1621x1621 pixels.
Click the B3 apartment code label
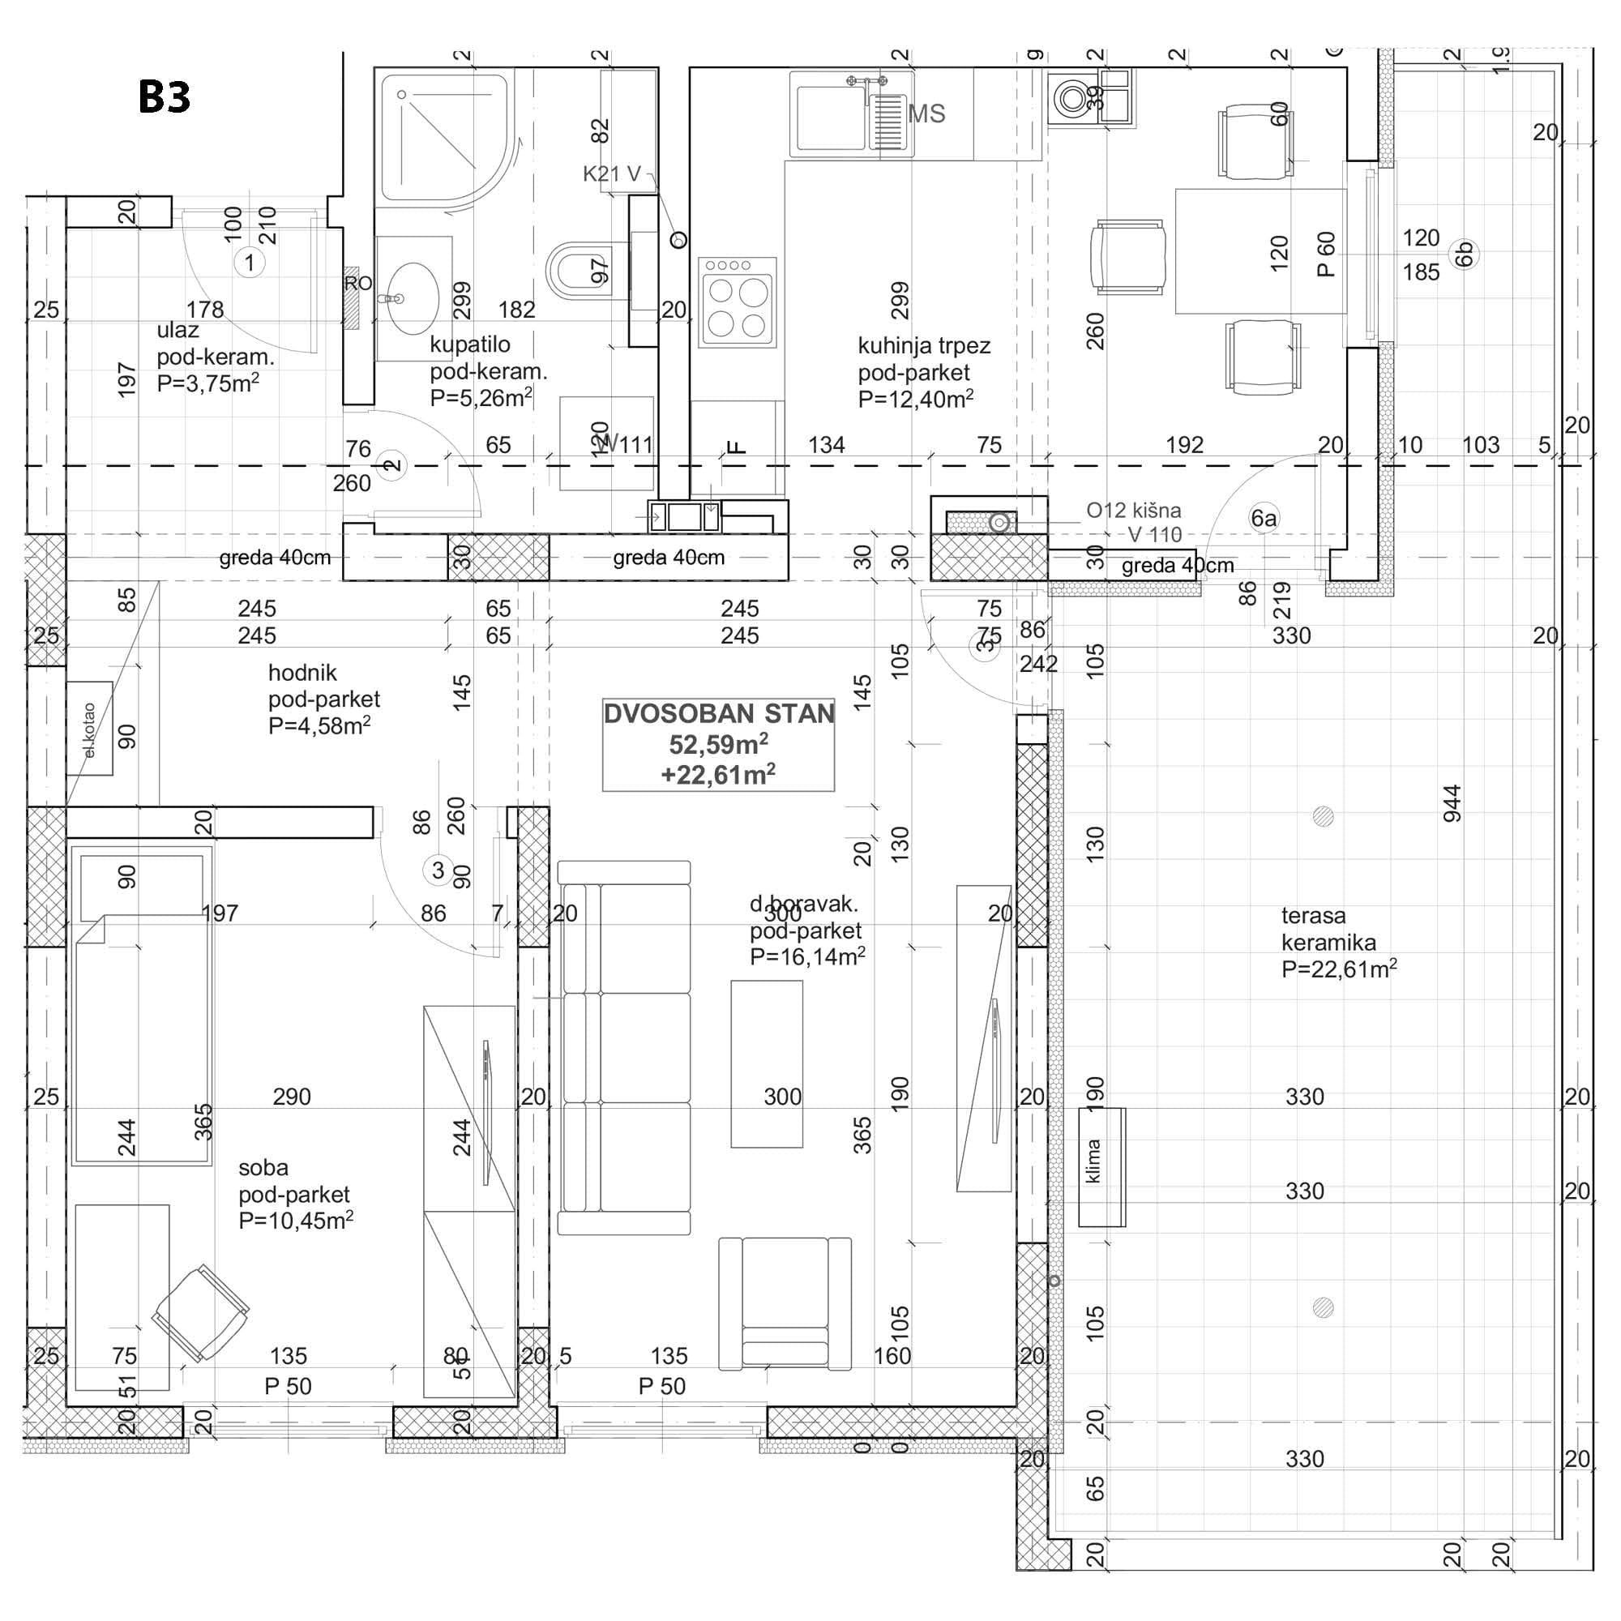pyautogui.click(x=165, y=97)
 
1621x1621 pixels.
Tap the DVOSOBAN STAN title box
pyautogui.click(x=718, y=744)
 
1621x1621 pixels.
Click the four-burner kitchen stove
pyautogui.click(x=738, y=303)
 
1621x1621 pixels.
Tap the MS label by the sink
pyautogui.click(x=926, y=113)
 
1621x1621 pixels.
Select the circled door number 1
pyautogui.click(x=249, y=263)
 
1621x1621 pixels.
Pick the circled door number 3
pyautogui.click(x=437, y=870)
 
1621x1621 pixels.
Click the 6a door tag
pyautogui.click(x=1264, y=519)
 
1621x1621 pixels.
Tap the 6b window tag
pyautogui.click(x=1465, y=254)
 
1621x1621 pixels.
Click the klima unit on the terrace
pyautogui.click(x=1101, y=1167)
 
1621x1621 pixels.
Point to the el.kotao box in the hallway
pyautogui.click(x=90, y=728)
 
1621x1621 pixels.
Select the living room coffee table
pyautogui.click(x=766, y=1063)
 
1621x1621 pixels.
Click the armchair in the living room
pyautogui.click(x=785, y=1303)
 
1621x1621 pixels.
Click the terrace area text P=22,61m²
pyautogui.click(x=1338, y=969)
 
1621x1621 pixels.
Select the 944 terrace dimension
pyautogui.click(x=1452, y=803)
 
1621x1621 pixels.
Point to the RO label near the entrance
pyautogui.click(x=357, y=284)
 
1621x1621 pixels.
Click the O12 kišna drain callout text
pyautogui.click(x=1134, y=510)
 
